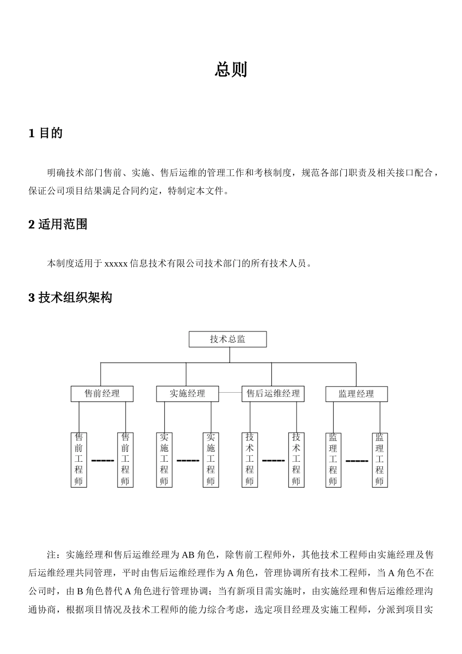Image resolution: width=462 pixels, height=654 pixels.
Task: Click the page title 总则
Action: (231, 70)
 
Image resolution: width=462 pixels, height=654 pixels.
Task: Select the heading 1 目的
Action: (46, 133)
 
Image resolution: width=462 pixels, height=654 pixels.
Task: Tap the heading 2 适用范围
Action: (58, 224)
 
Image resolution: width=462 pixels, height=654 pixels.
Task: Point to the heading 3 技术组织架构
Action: (71, 297)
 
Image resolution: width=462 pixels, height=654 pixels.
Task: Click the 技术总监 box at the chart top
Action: (228, 339)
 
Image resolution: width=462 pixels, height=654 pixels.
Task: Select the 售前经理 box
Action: (102, 394)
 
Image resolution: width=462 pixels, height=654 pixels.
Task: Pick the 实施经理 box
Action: (187, 394)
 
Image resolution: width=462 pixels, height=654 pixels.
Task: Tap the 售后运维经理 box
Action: (273, 394)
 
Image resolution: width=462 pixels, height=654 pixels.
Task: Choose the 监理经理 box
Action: (356, 394)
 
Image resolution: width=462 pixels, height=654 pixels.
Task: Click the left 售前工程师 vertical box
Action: (79, 460)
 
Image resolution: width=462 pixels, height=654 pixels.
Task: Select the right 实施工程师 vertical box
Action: (211, 460)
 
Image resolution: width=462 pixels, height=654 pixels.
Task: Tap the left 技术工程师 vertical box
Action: (249, 460)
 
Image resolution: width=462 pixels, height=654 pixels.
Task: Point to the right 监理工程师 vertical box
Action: (380, 460)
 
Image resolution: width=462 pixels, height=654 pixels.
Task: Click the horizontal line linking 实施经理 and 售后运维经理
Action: (230, 392)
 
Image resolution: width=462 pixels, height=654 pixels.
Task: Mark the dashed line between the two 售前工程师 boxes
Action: (102, 460)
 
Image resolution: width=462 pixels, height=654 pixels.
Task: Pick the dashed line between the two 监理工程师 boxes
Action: (356, 460)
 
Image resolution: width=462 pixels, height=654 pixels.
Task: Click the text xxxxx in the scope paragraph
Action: (116, 264)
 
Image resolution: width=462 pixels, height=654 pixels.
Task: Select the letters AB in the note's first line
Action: (188, 555)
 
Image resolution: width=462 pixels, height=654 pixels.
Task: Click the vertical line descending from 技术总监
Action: (230, 355)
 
